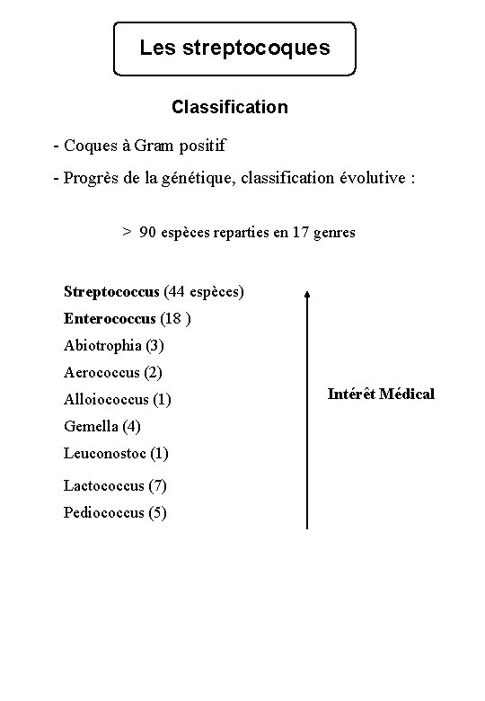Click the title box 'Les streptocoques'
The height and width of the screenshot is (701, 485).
(x=234, y=48)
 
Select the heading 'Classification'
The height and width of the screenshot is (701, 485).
(x=230, y=108)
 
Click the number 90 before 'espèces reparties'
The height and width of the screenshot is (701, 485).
(x=148, y=232)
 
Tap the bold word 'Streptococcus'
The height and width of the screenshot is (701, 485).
(x=112, y=291)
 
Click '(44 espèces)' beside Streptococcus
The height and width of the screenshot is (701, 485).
(x=204, y=291)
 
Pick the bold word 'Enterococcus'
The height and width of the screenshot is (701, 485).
(x=110, y=318)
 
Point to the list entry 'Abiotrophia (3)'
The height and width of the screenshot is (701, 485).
(x=114, y=345)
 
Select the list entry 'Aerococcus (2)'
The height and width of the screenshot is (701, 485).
(x=113, y=372)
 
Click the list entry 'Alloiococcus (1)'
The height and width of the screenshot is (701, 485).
(x=118, y=399)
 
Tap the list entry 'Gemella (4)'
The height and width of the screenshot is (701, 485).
(x=102, y=426)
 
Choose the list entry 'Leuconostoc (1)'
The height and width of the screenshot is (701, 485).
(x=116, y=453)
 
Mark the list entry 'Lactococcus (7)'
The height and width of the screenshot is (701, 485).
(x=115, y=486)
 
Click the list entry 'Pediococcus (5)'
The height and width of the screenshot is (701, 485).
(x=115, y=513)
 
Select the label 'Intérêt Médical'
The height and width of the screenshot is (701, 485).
(x=381, y=394)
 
